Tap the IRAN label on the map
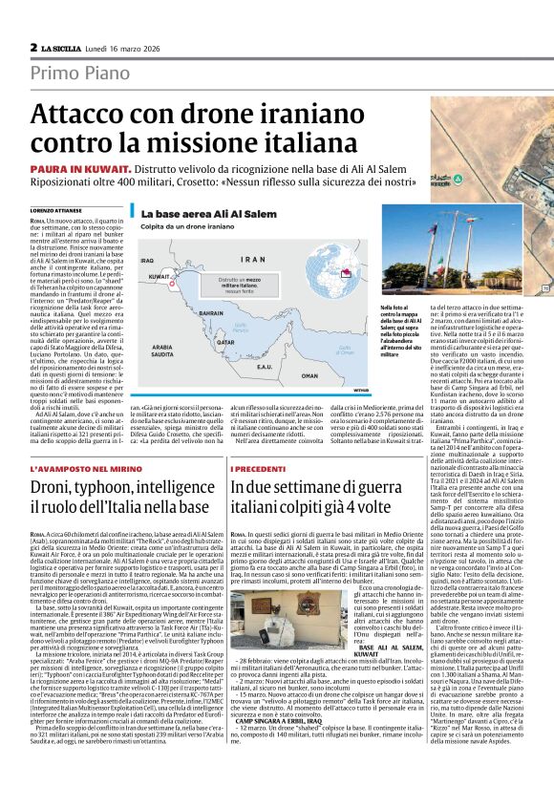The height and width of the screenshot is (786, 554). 253,259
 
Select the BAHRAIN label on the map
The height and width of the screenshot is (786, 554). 212,311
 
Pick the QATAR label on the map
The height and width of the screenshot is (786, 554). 224,340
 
